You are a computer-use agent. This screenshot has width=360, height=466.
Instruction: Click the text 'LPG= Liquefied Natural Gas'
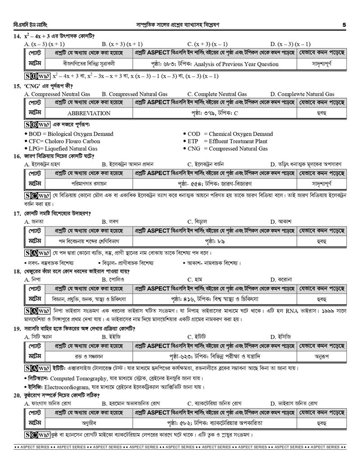pyautogui.click(x=63, y=148)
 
